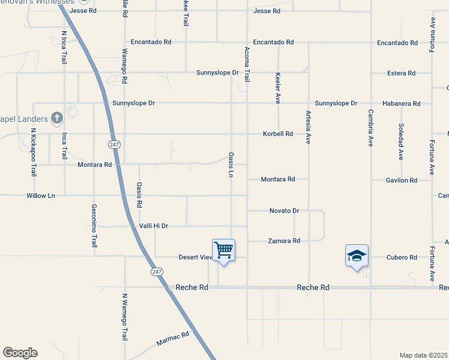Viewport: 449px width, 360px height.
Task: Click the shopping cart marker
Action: (223, 250)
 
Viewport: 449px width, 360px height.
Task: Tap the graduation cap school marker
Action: (357, 256)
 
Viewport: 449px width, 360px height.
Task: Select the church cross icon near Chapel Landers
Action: (57, 118)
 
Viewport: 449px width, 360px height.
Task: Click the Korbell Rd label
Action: (278, 134)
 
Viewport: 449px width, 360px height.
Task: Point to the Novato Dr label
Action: (284, 211)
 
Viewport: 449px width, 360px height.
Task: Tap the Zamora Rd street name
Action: (284, 241)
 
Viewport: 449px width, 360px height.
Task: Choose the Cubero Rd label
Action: (402, 257)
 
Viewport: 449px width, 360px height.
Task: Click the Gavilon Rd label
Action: (402, 180)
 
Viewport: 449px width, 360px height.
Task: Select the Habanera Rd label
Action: (403, 104)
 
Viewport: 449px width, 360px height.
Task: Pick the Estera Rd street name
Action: (402, 73)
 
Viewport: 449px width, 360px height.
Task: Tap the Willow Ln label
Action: (41, 196)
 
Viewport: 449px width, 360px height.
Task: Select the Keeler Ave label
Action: (278, 88)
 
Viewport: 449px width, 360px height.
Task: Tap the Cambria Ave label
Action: (371, 128)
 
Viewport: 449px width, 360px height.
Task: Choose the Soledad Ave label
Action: (400, 142)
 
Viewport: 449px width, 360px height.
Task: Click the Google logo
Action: (20, 353)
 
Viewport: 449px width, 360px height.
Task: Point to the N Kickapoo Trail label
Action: (34, 152)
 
